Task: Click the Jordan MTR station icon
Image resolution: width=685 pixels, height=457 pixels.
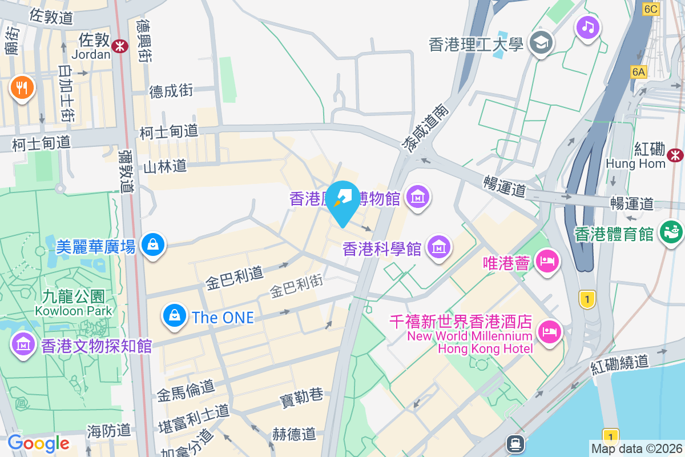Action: pyautogui.click(x=120, y=46)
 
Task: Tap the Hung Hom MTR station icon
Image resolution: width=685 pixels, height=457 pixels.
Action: pyautogui.click(x=675, y=154)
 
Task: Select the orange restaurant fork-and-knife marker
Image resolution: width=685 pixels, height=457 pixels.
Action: pyautogui.click(x=22, y=88)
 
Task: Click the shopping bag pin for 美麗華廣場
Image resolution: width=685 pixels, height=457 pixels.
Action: pyautogui.click(x=152, y=245)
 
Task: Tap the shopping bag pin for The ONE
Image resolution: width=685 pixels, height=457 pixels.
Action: pyautogui.click(x=175, y=315)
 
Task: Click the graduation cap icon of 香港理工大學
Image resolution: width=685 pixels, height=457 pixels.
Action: pyautogui.click(x=539, y=42)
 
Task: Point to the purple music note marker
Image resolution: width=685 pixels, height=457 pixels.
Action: pyautogui.click(x=588, y=26)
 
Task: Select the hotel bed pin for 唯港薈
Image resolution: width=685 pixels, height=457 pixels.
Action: pyautogui.click(x=547, y=262)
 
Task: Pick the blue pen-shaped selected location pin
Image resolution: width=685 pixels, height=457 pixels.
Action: pyautogui.click(x=344, y=201)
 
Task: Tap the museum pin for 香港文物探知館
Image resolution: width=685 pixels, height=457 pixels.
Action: pyautogui.click(x=23, y=344)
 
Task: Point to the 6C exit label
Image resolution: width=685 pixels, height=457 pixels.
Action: pyautogui.click(x=651, y=9)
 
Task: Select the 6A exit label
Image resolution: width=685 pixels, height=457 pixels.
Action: pyautogui.click(x=638, y=72)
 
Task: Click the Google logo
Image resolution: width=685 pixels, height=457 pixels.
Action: pyautogui.click(x=38, y=443)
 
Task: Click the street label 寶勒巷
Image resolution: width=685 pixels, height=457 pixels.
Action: pyautogui.click(x=301, y=395)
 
